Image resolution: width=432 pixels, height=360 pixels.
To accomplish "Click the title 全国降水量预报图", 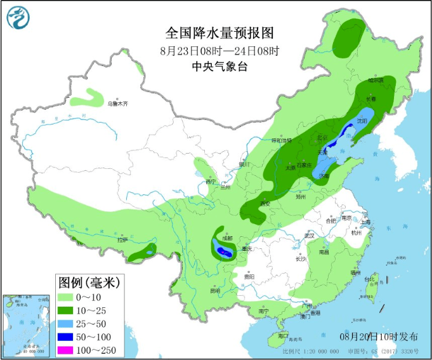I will point(219,32).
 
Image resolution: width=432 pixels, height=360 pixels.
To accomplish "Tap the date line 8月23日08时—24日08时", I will point(219,50).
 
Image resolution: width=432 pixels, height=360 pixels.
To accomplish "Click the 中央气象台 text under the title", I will point(219,66).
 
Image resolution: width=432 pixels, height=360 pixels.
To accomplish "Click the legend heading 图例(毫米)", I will point(89,282).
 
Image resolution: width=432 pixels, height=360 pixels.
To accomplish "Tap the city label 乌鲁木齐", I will point(117,103).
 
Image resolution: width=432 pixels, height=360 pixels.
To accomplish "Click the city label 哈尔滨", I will point(376,81).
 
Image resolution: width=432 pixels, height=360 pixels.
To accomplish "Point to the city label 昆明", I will point(216,291).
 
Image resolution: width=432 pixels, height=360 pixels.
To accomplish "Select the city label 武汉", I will point(310,235).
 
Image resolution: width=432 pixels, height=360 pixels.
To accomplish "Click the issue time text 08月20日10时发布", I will point(379,336).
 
